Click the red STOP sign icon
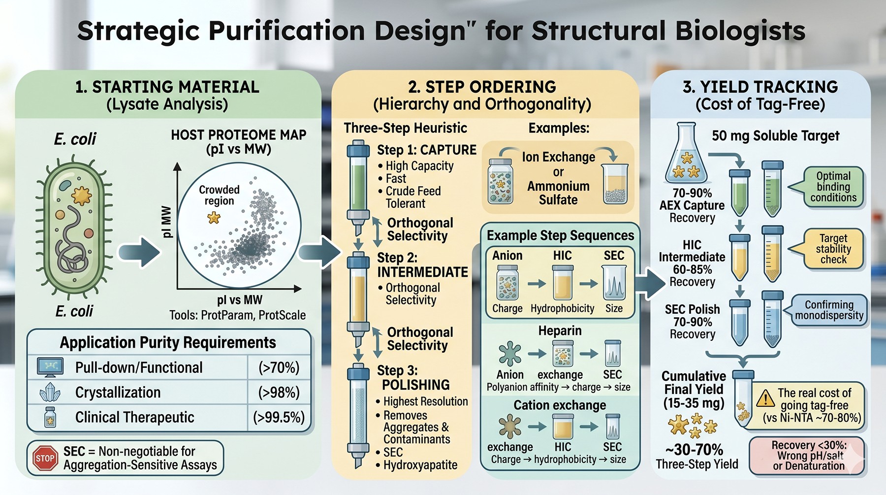pyautogui.click(x=45, y=458)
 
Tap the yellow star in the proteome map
pyautogui.click(x=214, y=217)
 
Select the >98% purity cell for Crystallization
pyautogui.click(x=279, y=393)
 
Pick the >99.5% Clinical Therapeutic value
pyautogui.click(x=279, y=418)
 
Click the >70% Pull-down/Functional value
pyautogui.click(x=279, y=368)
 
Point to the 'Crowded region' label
pyautogui.click(x=219, y=195)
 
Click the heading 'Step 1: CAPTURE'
pyautogui.click(x=427, y=150)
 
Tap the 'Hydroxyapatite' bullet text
pyautogui.click(x=420, y=465)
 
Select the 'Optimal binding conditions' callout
pyautogui.click(x=833, y=187)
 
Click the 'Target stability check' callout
pyautogui.click(x=833, y=249)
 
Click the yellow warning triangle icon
pyautogui.click(x=765, y=398)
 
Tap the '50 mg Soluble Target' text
pyautogui.click(x=776, y=136)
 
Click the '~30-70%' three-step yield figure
pyautogui.click(x=695, y=450)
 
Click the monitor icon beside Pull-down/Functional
pyautogui.click(x=50, y=367)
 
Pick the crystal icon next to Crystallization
pyautogui.click(x=50, y=393)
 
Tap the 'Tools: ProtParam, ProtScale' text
pyautogui.click(x=238, y=315)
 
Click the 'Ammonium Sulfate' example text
pyautogui.click(x=558, y=193)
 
